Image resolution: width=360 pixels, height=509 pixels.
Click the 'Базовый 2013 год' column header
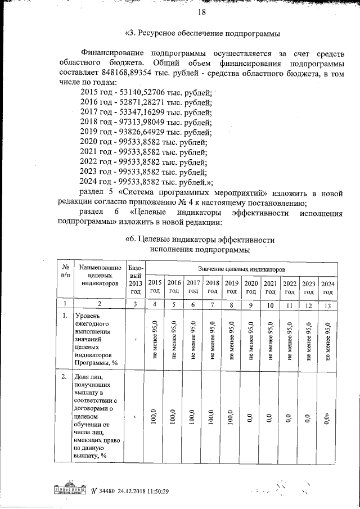136,279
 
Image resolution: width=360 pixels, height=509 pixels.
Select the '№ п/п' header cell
66,270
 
